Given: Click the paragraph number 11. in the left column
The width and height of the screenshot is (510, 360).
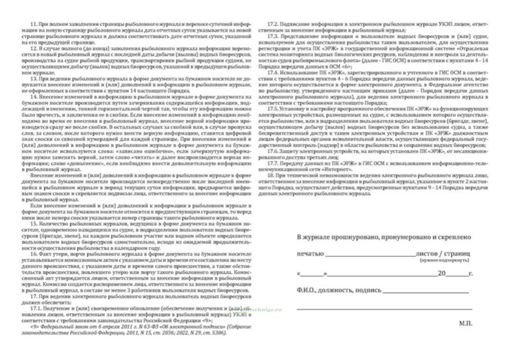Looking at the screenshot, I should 34,24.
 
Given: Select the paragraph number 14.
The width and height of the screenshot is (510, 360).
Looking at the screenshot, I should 34,97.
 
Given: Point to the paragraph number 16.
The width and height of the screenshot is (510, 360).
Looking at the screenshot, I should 34,254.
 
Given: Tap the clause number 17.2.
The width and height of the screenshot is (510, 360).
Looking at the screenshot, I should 273,24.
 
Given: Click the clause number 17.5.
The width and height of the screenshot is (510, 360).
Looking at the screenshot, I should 273,109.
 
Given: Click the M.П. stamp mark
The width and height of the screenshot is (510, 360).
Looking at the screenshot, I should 466,323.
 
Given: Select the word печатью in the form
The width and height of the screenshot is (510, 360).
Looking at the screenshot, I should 310,254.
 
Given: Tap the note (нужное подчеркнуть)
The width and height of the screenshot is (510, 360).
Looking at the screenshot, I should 444,260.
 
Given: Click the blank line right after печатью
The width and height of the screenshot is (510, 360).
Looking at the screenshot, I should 370,255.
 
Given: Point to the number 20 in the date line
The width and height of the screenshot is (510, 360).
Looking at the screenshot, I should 441,273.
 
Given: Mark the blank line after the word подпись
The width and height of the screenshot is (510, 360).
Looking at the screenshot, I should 426,291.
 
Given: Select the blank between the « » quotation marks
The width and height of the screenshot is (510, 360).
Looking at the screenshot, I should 312,274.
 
